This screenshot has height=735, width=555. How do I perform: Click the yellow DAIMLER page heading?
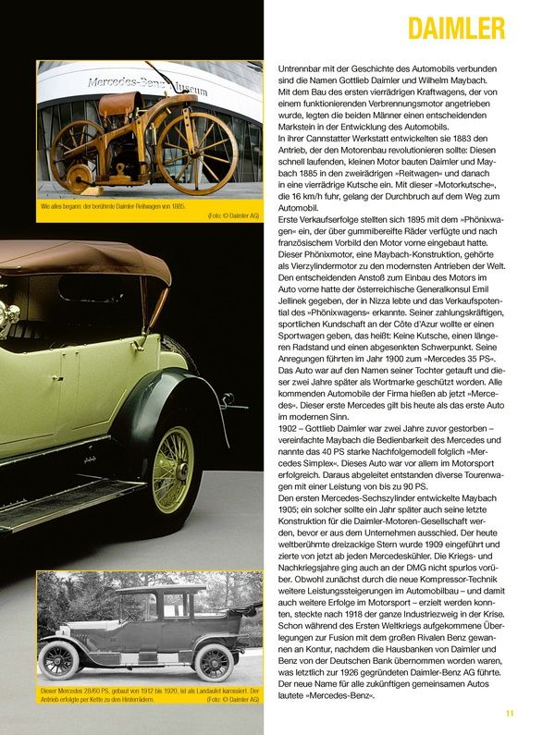point(456,27)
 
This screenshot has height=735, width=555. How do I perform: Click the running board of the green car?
point(65,503)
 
